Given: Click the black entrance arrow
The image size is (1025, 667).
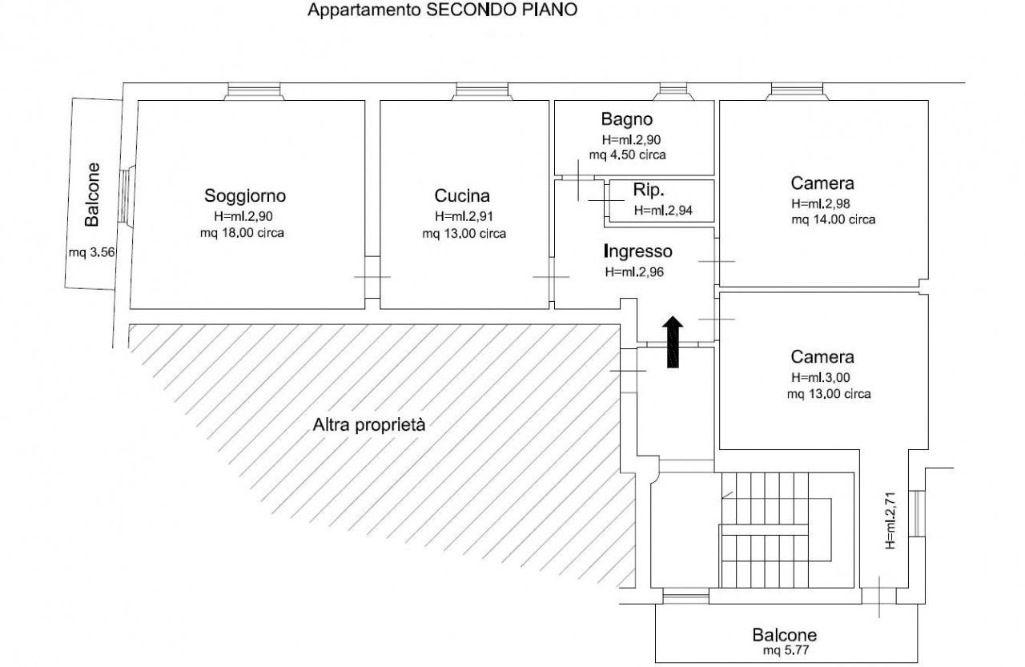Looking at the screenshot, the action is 673,342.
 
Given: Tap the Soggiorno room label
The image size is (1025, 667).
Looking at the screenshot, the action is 245,196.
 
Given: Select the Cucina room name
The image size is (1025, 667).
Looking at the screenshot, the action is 462,196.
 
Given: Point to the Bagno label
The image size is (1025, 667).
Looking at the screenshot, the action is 626,119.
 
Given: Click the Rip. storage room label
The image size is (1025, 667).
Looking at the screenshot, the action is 648,190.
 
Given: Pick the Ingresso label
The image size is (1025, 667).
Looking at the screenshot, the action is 638,251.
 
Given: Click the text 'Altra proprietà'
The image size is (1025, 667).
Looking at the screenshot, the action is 369,425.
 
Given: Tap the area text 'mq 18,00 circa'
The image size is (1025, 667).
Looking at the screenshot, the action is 242,233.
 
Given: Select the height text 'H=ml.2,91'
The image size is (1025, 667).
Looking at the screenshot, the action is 464,216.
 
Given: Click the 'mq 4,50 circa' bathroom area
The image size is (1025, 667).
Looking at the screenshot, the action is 627,155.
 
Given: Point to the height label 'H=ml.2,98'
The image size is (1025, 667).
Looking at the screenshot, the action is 821,203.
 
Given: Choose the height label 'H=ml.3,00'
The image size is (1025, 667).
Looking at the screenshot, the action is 821,377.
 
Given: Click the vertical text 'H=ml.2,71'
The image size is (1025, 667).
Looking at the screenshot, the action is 890,520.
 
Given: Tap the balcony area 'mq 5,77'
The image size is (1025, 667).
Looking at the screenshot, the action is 786,650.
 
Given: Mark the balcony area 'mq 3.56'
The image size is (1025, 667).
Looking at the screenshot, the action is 91,252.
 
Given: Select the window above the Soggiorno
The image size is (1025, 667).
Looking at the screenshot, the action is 254,91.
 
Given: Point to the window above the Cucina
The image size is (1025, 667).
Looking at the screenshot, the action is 482,91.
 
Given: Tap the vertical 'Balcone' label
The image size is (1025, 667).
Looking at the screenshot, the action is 92,195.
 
